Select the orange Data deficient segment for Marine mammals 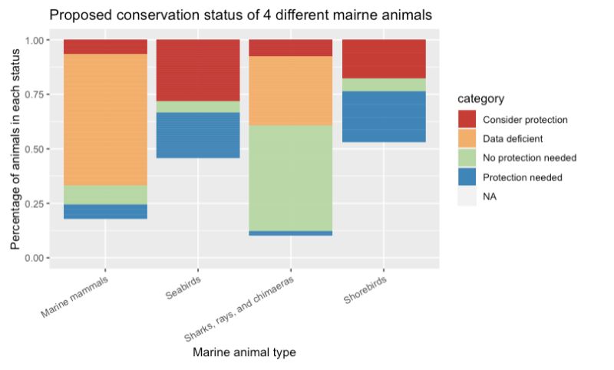(x=106, y=119)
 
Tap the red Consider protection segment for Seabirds (x=198, y=70)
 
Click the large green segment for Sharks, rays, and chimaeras (x=290, y=177)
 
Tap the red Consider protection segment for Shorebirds (x=383, y=59)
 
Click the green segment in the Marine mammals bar (x=106, y=195)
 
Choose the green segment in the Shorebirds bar (x=383, y=85)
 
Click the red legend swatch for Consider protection (x=467, y=120)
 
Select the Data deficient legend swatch (x=467, y=139)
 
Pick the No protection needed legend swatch (x=467, y=158)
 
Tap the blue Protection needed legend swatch (x=467, y=177)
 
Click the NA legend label (x=490, y=197)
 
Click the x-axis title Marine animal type (x=244, y=352)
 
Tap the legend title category (x=480, y=99)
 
